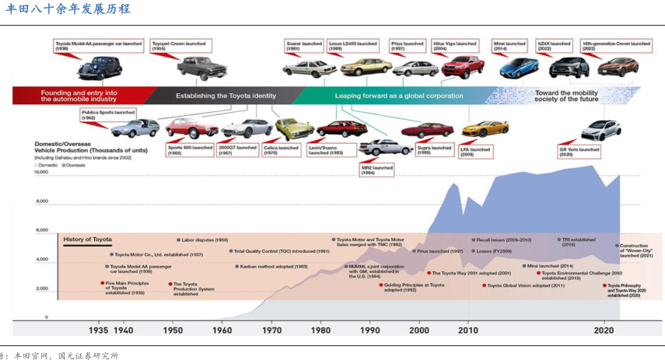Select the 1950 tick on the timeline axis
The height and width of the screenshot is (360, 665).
[x=173, y=330]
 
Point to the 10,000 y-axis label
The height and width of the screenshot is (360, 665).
[x=42, y=173]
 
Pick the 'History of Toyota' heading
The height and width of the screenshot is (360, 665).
[x=88, y=239]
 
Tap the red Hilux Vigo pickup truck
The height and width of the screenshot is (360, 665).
[x=463, y=68]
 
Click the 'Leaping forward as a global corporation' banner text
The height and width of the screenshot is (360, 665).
[x=399, y=96]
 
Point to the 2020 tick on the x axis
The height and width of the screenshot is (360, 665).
[x=605, y=330]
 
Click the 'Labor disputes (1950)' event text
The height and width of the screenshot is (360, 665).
[x=205, y=240]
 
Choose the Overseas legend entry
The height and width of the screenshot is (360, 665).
[x=75, y=166]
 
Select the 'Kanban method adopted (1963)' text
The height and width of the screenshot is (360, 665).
[x=274, y=266]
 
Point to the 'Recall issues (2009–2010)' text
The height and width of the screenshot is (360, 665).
[x=503, y=240]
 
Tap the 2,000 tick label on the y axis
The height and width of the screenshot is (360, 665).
[x=42, y=288]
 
